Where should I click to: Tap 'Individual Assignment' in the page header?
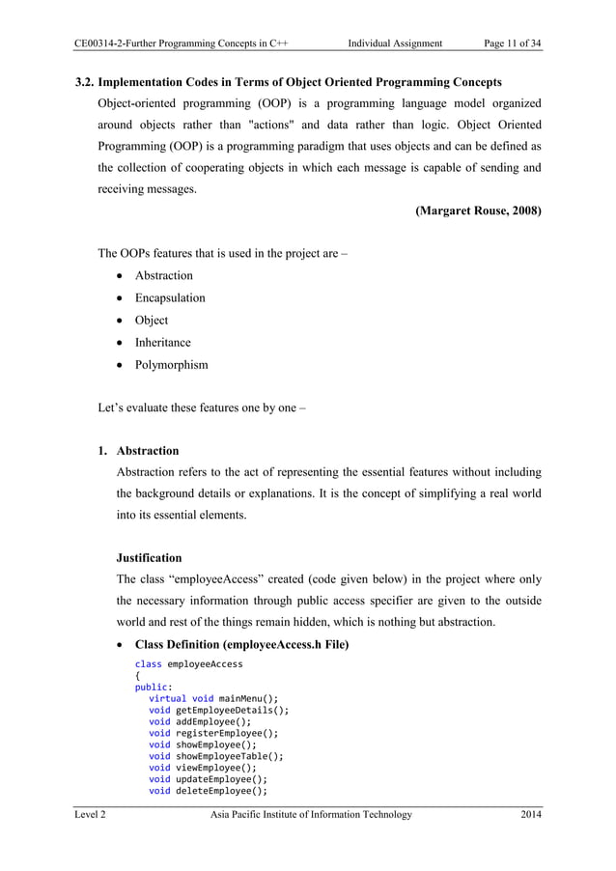[x=395, y=42]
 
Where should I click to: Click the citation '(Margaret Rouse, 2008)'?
[x=478, y=211]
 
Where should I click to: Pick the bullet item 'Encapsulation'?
[x=169, y=298]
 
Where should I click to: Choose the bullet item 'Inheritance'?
[x=162, y=343]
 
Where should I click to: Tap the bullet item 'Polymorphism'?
[x=171, y=365]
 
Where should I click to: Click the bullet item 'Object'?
[x=151, y=321]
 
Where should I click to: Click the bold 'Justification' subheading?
[x=149, y=557]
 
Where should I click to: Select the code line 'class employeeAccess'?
[x=189, y=665]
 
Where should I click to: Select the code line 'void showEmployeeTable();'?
[x=215, y=757]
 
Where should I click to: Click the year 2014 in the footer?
[x=530, y=815]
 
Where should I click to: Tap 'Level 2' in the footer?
[x=92, y=815]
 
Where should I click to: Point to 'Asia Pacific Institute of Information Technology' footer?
[x=311, y=815]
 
